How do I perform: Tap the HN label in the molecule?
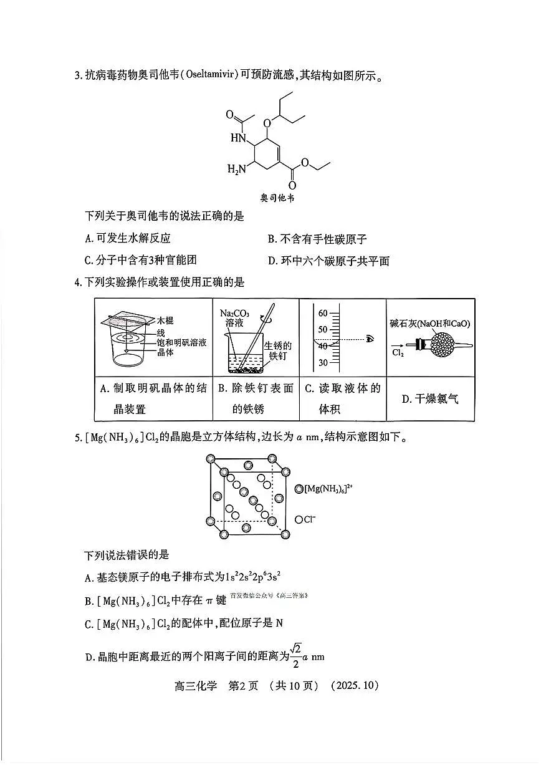238,137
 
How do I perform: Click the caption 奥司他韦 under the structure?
277,198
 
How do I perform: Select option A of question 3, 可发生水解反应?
128,238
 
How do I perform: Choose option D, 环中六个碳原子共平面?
328,261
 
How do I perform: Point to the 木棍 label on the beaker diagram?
165,320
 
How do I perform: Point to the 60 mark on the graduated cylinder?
323,312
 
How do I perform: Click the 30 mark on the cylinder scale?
323,363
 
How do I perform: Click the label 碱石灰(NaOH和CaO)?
429,323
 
